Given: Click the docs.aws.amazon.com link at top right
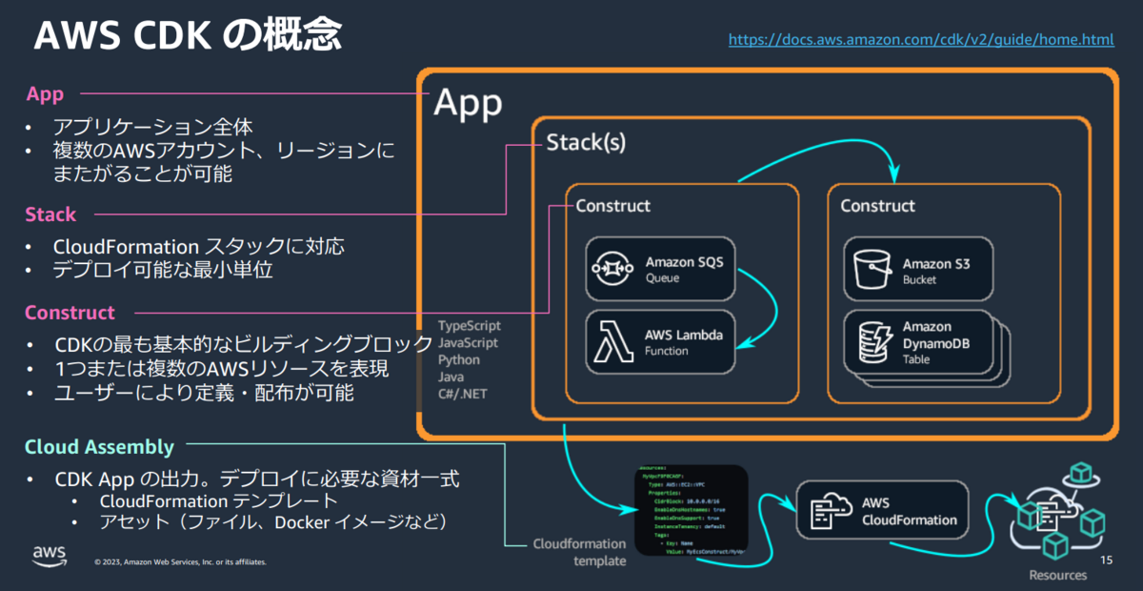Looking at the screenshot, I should [921, 40].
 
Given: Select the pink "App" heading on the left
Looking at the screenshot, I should [45, 93].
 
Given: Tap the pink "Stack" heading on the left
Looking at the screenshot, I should [50, 214].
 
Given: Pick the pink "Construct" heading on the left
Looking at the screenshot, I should [70, 313].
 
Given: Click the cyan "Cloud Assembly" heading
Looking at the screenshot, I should [99, 447].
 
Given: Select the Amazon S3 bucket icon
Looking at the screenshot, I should [870, 270].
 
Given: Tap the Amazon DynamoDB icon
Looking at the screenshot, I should [870, 342].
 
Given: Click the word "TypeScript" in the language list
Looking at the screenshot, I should [470, 326].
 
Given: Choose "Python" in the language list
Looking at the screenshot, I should [459, 360].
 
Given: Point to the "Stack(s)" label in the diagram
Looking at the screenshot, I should [585, 143].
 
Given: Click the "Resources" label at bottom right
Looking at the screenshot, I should [1057, 575].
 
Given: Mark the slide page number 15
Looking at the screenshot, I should [1106, 559].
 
